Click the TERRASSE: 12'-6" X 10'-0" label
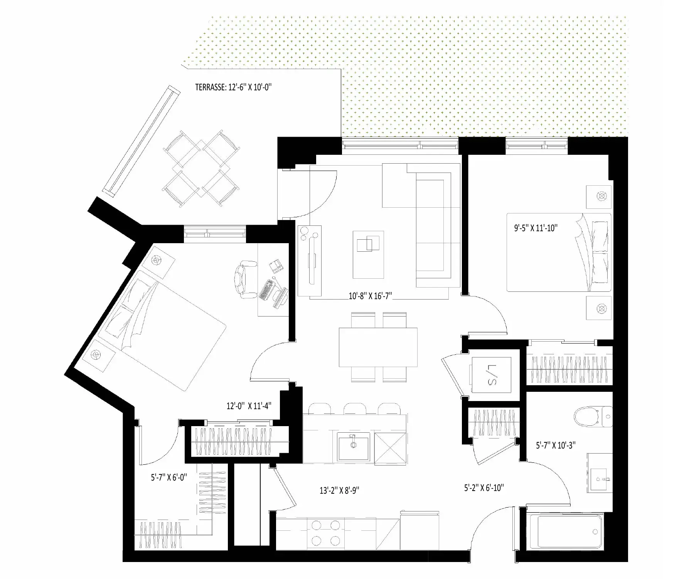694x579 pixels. (x=233, y=87)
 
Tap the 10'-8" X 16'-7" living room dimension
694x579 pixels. (x=370, y=296)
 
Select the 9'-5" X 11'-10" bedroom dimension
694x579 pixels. (x=536, y=228)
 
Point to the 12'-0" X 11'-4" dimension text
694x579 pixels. (x=249, y=406)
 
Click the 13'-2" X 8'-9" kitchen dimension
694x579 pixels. (x=339, y=491)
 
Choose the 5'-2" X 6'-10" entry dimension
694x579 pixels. (x=484, y=488)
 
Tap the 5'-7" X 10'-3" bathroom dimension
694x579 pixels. (x=556, y=445)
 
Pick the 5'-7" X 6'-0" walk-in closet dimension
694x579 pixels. (x=169, y=477)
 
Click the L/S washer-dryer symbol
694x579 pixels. (x=491, y=375)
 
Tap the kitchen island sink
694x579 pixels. (x=353, y=446)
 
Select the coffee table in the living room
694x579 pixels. (x=368, y=255)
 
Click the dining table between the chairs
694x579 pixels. (x=378, y=347)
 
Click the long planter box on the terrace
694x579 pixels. (x=141, y=141)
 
